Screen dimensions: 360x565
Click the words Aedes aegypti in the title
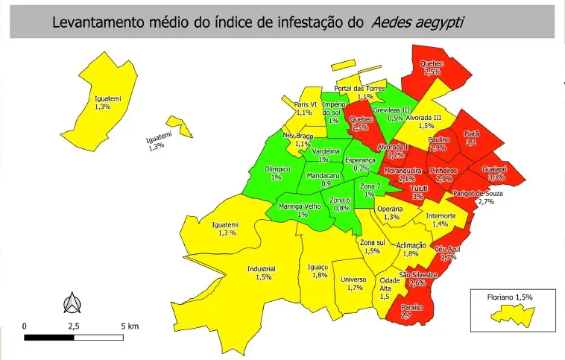point(417,22)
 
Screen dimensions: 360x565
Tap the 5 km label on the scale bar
point(128,326)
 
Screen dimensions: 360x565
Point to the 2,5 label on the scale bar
point(75,326)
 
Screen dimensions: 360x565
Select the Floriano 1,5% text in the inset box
point(510,297)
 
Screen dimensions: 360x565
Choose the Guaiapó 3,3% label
point(494,173)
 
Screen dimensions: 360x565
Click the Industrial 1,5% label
point(262,273)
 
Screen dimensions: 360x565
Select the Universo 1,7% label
point(353,283)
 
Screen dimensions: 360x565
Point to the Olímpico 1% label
point(277,173)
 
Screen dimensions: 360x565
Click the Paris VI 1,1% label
point(305,108)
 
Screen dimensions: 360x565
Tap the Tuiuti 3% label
point(419,192)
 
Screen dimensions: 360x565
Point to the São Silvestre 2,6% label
point(417,279)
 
